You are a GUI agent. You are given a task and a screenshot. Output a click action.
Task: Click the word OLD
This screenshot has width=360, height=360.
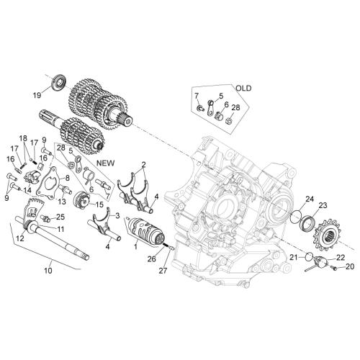[x=243, y=89]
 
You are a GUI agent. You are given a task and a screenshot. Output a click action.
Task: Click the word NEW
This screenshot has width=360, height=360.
[x=106, y=163]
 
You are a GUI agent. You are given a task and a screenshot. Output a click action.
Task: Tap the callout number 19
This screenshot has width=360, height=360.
[x=37, y=95]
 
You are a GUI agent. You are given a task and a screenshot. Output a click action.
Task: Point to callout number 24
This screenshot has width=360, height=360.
[x=310, y=199]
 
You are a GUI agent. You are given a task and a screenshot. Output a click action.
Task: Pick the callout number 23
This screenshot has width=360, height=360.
[x=323, y=205]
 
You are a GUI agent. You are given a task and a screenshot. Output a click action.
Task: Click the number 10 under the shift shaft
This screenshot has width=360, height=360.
[x=48, y=271]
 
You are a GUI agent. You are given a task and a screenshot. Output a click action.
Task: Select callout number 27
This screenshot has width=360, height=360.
[x=163, y=271]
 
